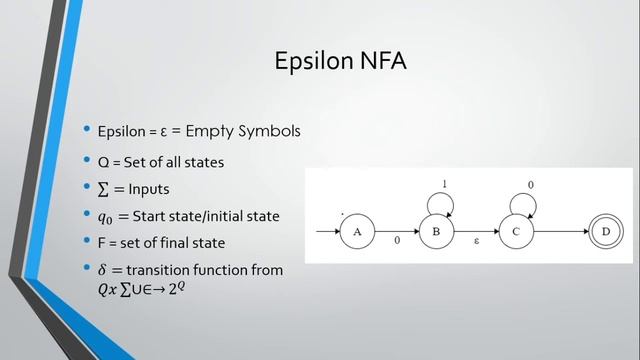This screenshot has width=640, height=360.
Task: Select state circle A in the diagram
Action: [x=356, y=233]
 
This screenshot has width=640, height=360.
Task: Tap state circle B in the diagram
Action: [x=436, y=233]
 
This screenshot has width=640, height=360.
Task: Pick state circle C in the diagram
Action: [x=516, y=233]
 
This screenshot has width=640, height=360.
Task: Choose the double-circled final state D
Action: [x=603, y=233]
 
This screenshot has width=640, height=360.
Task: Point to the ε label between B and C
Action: [x=476, y=243]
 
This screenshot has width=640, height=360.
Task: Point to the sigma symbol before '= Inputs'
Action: [x=103, y=189]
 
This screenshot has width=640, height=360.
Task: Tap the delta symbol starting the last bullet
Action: [x=103, y=270]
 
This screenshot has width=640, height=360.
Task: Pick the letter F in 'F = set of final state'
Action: [x=102, y=243]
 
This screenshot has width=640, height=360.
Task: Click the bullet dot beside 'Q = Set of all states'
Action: [x=87, y=161]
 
